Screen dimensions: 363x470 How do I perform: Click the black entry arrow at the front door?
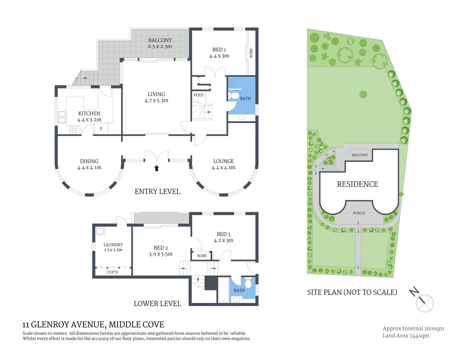[x=157, y=168]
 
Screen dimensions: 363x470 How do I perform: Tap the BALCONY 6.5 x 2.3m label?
[x=160, y=43]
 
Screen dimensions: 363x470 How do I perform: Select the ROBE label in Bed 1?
[x=251, y=53]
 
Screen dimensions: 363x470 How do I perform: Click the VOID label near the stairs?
[x=198, y=95]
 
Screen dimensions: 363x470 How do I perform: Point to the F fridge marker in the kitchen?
[x=101, y=129]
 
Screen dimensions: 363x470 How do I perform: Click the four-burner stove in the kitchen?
[x=73, y=130]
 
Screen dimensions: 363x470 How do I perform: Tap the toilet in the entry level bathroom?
[x=234, y=96]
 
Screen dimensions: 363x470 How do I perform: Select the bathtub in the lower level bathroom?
[x=223, y=290]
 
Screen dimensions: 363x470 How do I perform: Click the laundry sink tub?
[x=100, y=231]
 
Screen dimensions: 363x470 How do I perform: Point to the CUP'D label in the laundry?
[x=112, y=272]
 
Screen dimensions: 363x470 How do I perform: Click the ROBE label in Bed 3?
[x=202, y=256]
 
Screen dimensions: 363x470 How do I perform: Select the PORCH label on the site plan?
[x=359, y=213]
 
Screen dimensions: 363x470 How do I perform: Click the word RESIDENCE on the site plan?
[x=358, y=184]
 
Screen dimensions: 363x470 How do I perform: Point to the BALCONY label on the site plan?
[x=360, y=155]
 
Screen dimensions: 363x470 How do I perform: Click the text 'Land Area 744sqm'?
[x=406, y=335]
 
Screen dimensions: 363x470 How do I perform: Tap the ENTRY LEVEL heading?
[x=157, y=191]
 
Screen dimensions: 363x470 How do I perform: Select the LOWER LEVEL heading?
[x=157, y=303]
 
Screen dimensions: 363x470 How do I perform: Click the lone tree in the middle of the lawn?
[x=363, y=94]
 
